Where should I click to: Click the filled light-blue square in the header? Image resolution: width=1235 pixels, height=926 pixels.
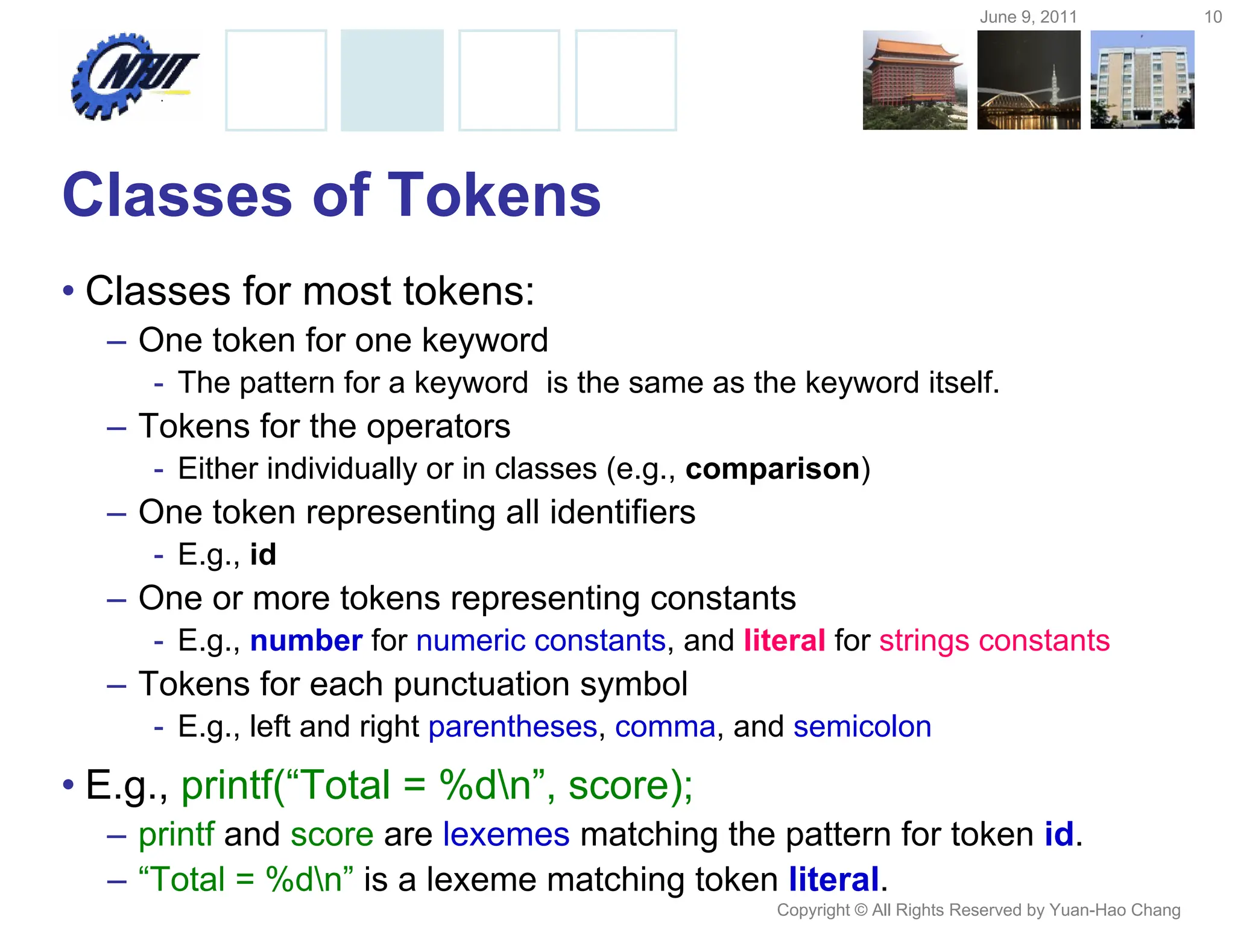click(x=392, y=80)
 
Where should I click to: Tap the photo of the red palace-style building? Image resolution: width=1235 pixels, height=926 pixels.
click(x=914, y=80)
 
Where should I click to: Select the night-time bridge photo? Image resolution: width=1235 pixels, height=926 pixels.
click(x=1029, y=80)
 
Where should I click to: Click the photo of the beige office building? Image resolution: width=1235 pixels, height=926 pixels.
click(x=1142, y=80)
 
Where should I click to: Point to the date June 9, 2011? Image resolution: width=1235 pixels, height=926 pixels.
click(x=1028, y=17)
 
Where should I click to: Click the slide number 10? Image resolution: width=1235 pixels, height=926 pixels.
click(x=1213, y=17)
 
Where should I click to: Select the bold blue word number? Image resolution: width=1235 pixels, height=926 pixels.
click(x=306, y=640)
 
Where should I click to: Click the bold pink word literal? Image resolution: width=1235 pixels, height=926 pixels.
click(x=784, y=640)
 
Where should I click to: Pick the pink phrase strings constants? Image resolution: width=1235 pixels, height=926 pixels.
click(x=994, y=640)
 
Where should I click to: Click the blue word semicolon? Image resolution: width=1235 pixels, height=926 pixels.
click(x=862, y=726)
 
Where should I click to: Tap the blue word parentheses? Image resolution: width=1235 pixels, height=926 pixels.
click(x=513, y=726)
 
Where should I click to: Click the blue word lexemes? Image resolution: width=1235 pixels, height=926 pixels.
click(x=506, y=834)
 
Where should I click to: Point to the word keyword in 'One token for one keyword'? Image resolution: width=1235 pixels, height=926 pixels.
click(x=485, y=340)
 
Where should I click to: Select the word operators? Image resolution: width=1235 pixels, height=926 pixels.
click(x=438, y=426)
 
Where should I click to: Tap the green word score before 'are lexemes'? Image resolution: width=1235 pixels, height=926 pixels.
click(x=332, y=834)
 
